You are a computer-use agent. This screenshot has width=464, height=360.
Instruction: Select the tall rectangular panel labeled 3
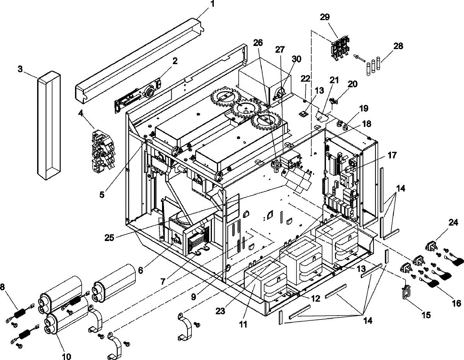49,126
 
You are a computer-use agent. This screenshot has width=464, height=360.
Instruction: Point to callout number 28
398,46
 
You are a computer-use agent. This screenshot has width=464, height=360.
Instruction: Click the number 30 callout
296,59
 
